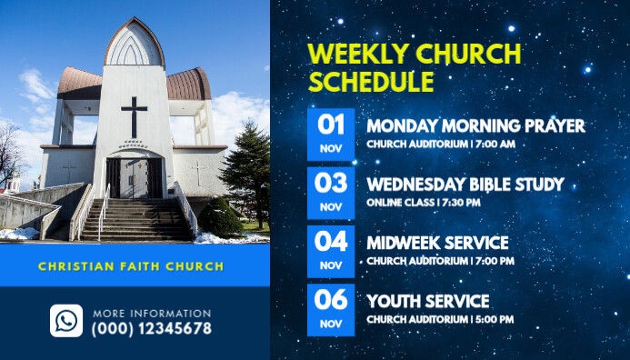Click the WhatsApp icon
click(66, 321)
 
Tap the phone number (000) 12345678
click(151, 329)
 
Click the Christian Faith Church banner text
click(131, 266)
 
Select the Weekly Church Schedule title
click(414, 68)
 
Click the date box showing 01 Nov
click(331, 134)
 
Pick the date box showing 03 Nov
click(331, 193)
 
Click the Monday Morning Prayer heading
click(475, 125)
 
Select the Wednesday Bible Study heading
click(465, 185)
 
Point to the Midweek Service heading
click(437, 244)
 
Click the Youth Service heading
click(428, 301)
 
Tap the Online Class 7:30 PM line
click(424, 203)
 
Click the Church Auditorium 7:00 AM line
click(441, 144)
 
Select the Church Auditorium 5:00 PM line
click(441, 320)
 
